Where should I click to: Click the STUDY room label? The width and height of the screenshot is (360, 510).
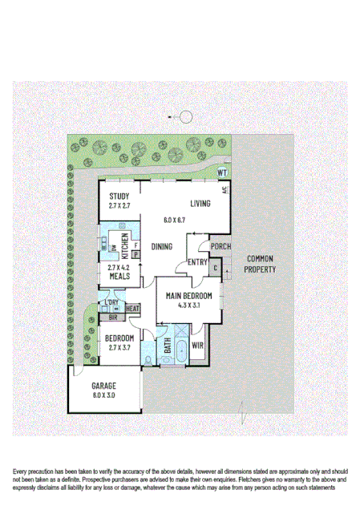[119, 195]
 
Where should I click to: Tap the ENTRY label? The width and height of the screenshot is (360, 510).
[196, 261]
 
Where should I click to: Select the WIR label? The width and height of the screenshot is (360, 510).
[198, 346]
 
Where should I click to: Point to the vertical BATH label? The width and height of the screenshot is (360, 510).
[168, 346]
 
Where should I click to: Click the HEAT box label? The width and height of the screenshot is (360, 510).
[132, 308]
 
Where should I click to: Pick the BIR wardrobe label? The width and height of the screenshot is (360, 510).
[113, 317]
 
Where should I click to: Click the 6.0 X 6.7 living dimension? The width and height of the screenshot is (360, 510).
[174, 220]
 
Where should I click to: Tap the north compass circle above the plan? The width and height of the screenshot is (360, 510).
[186, 117]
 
